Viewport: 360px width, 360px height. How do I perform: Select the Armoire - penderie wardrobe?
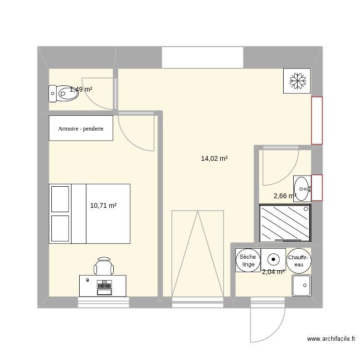tap(81, 128)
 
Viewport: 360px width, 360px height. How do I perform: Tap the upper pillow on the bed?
tap(60, 199)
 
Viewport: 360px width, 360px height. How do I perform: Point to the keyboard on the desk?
tap(104, 288)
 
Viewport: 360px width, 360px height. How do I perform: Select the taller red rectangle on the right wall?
tap(317, 120)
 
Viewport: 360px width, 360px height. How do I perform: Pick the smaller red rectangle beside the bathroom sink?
tap(317, 187)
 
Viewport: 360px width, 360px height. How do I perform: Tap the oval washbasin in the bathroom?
tap(302, 188)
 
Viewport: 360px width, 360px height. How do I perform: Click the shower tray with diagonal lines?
tap(285, 223)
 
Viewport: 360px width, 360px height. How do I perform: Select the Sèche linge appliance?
tap(249, 261)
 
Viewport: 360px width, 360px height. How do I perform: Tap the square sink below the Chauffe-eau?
tap(302, 285)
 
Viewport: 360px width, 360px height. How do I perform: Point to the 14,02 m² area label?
tap(214, 158)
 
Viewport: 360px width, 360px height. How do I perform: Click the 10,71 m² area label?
tap(103, 205)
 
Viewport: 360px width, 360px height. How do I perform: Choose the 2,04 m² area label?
tap(273, 272)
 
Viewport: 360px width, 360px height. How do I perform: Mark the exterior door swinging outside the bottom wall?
tap(267, 324)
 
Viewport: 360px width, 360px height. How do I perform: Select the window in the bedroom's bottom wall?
tap(104, 302)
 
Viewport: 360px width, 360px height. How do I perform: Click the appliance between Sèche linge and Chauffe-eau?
tap(274, 260)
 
